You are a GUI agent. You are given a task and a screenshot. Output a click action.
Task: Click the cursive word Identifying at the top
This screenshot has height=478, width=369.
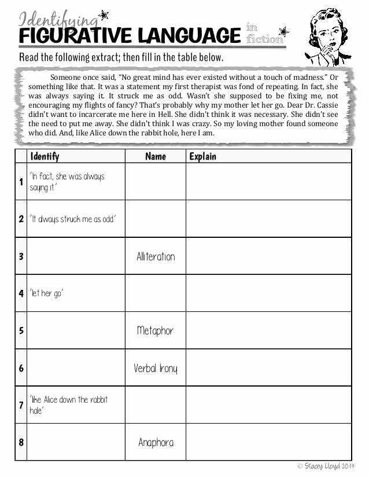click(58, 20)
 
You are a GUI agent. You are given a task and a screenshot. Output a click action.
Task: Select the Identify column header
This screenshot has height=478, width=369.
click(45, 156)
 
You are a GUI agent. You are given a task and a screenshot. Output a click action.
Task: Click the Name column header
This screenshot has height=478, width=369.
click(155, 156)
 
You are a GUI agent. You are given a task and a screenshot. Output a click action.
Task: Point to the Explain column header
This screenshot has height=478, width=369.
click(202, 156)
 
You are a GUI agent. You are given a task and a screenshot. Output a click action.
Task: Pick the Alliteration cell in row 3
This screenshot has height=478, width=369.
click(156, 256)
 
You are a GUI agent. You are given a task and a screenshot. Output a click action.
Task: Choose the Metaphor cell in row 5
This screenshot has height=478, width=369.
click(155, 330)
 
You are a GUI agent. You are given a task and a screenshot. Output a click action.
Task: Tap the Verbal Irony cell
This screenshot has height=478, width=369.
click(155, 368)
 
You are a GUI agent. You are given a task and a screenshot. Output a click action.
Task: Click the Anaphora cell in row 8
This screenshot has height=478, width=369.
click(156, 442)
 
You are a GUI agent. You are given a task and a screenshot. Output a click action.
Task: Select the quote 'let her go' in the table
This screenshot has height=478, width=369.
click(46, 293)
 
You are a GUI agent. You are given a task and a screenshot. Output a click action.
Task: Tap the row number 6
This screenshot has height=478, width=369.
click(21, 368)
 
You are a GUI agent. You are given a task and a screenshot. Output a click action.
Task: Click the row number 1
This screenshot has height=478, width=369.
click(21, 182)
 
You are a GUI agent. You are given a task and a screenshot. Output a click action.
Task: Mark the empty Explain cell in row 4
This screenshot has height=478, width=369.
click(268, 293)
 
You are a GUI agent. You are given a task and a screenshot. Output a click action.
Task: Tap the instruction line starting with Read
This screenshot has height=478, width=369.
click(121, 57)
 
